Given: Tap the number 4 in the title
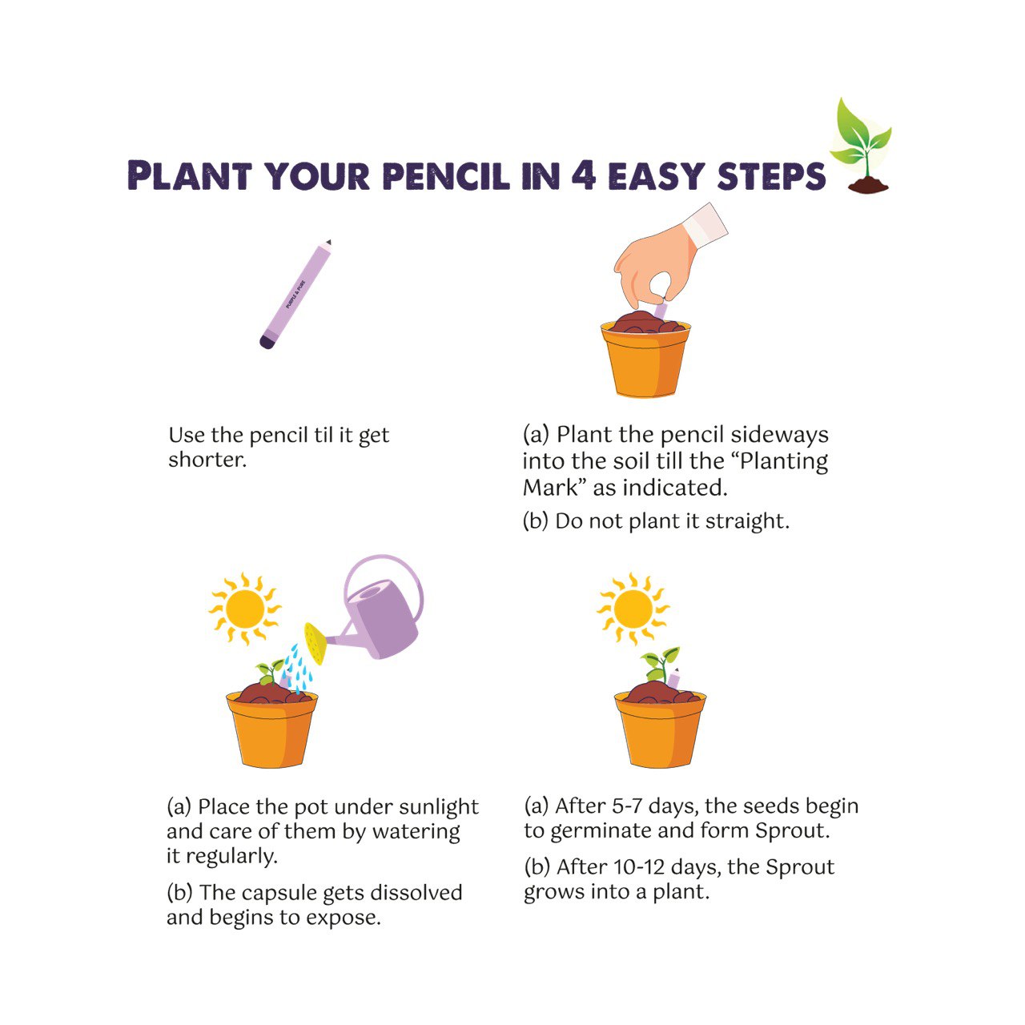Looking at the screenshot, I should (x=583, y=175).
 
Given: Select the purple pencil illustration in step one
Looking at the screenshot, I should (x=295, y=294).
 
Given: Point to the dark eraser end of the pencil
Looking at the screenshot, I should (x=267, y=343).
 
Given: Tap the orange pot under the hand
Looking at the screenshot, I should (x=645, y=360).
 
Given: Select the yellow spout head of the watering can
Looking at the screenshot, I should (x=315, y=644).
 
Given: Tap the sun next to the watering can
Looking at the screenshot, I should (x=244, y=609).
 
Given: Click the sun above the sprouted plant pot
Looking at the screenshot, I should (x=633, y=609).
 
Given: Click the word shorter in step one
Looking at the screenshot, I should (x=207, y=460).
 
